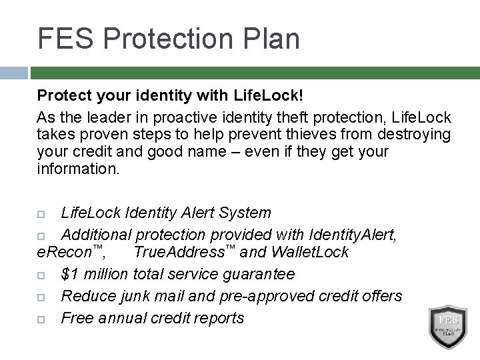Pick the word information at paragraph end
point(78,169)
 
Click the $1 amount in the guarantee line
point(69,274)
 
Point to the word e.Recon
point(67,253)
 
